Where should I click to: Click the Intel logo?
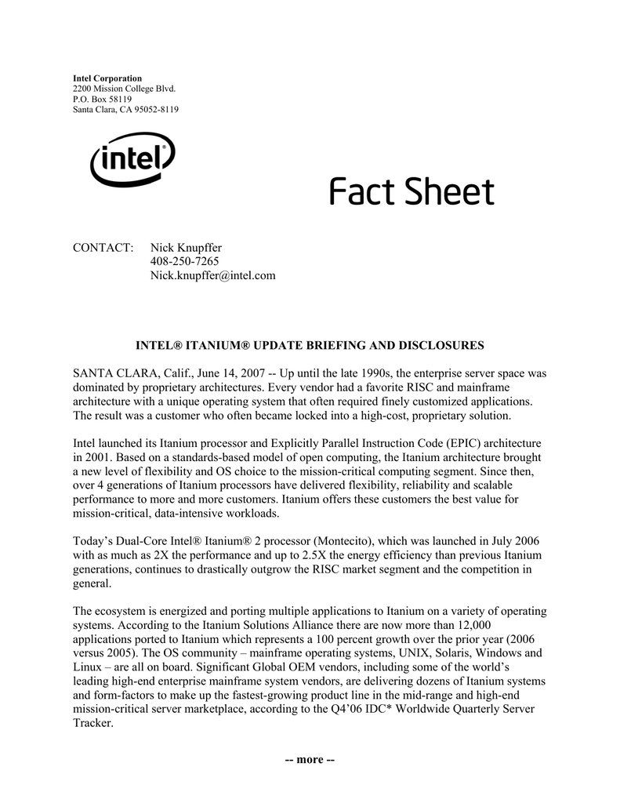(x=132, y=162)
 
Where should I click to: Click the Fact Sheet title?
(x=412, y=192)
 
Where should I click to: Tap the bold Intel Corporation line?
(x=107, y=78)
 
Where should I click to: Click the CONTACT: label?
(x=103, y=248)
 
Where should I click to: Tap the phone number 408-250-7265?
(x=184, y=262)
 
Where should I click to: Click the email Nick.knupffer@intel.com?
(x=212, y=276)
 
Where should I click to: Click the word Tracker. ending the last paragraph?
(x=93, y=723)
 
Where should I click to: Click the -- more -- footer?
(x=310, y=760)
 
